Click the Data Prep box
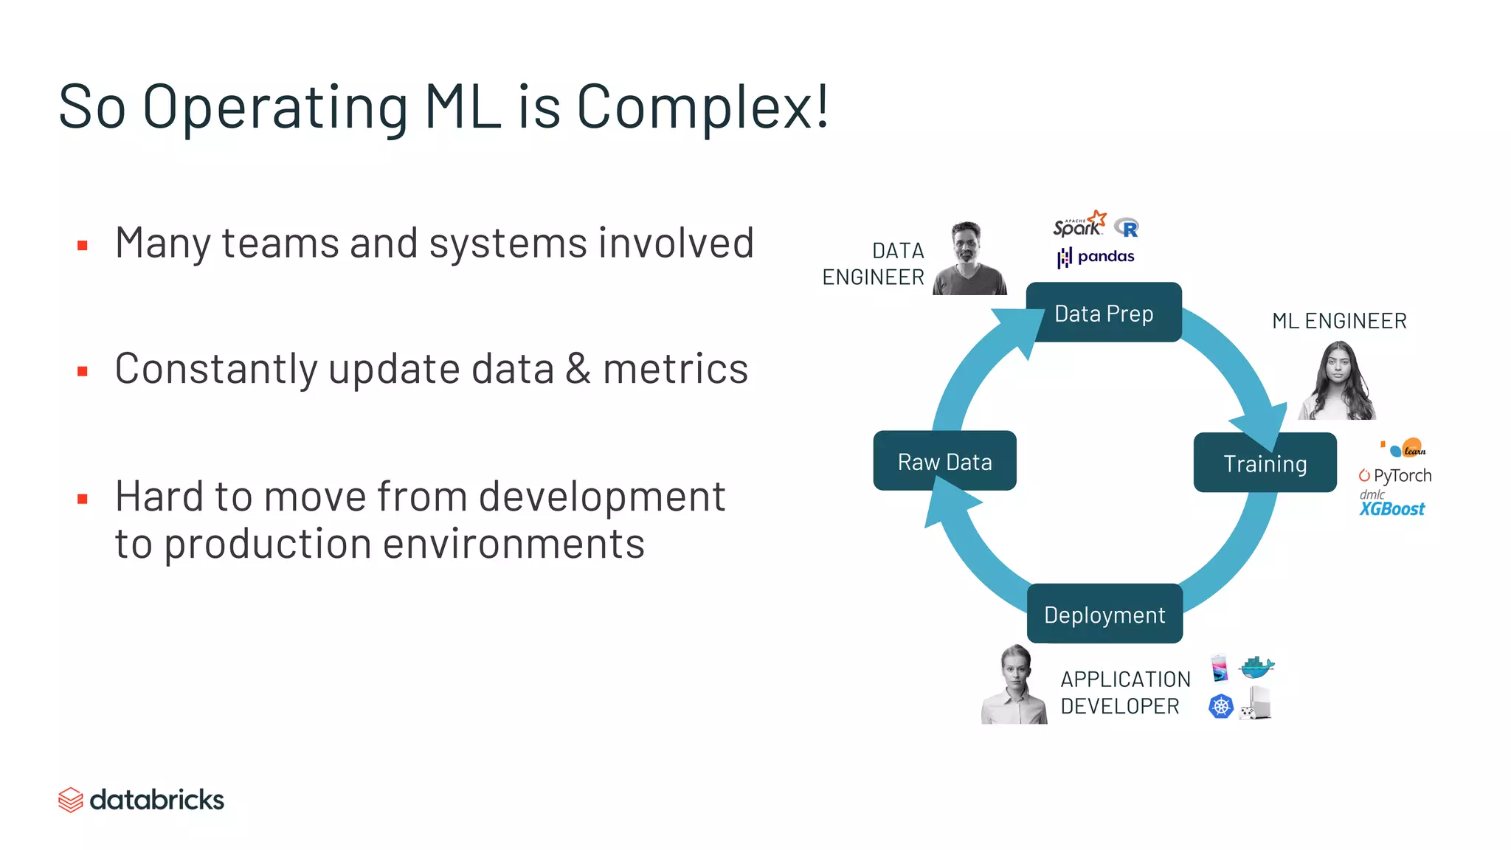click(x=1104, y=313)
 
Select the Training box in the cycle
click(x=1265, y=463)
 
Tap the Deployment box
click(x=1104, y=615)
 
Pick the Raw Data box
click(x=944, y=462)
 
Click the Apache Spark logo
click(x=1079, y=224)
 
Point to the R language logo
click(x=1127, y=228)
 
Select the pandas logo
click(x=1096, y=257)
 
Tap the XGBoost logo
click(x=1391, y=508)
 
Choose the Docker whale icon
click(x=1257, y=667)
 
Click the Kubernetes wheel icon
click(x=1221, y=706)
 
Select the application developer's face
click(x=1015, y=671)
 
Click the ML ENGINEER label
click(x=1339, y=321)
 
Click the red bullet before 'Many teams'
click(x=83, y=246)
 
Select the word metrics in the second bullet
click(x=675, y=369)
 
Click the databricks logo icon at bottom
click(x=70, y=800)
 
